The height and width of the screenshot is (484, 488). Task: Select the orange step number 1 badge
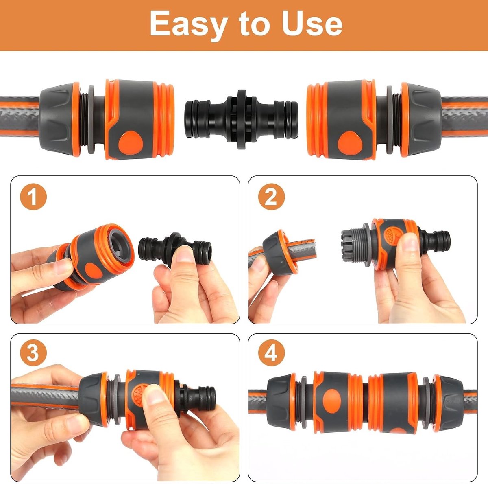(x=33, y=197)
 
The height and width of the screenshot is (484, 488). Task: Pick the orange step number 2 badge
(x=272, y=197)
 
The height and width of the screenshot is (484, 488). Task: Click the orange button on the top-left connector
(x=131, y=143)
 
